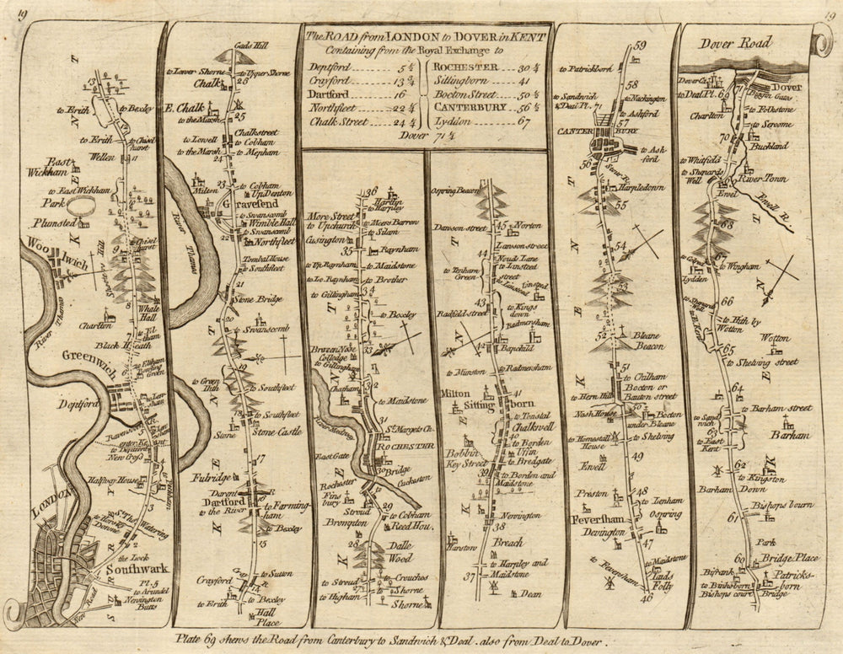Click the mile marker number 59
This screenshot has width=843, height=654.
638,46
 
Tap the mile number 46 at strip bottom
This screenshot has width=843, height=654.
647,598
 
